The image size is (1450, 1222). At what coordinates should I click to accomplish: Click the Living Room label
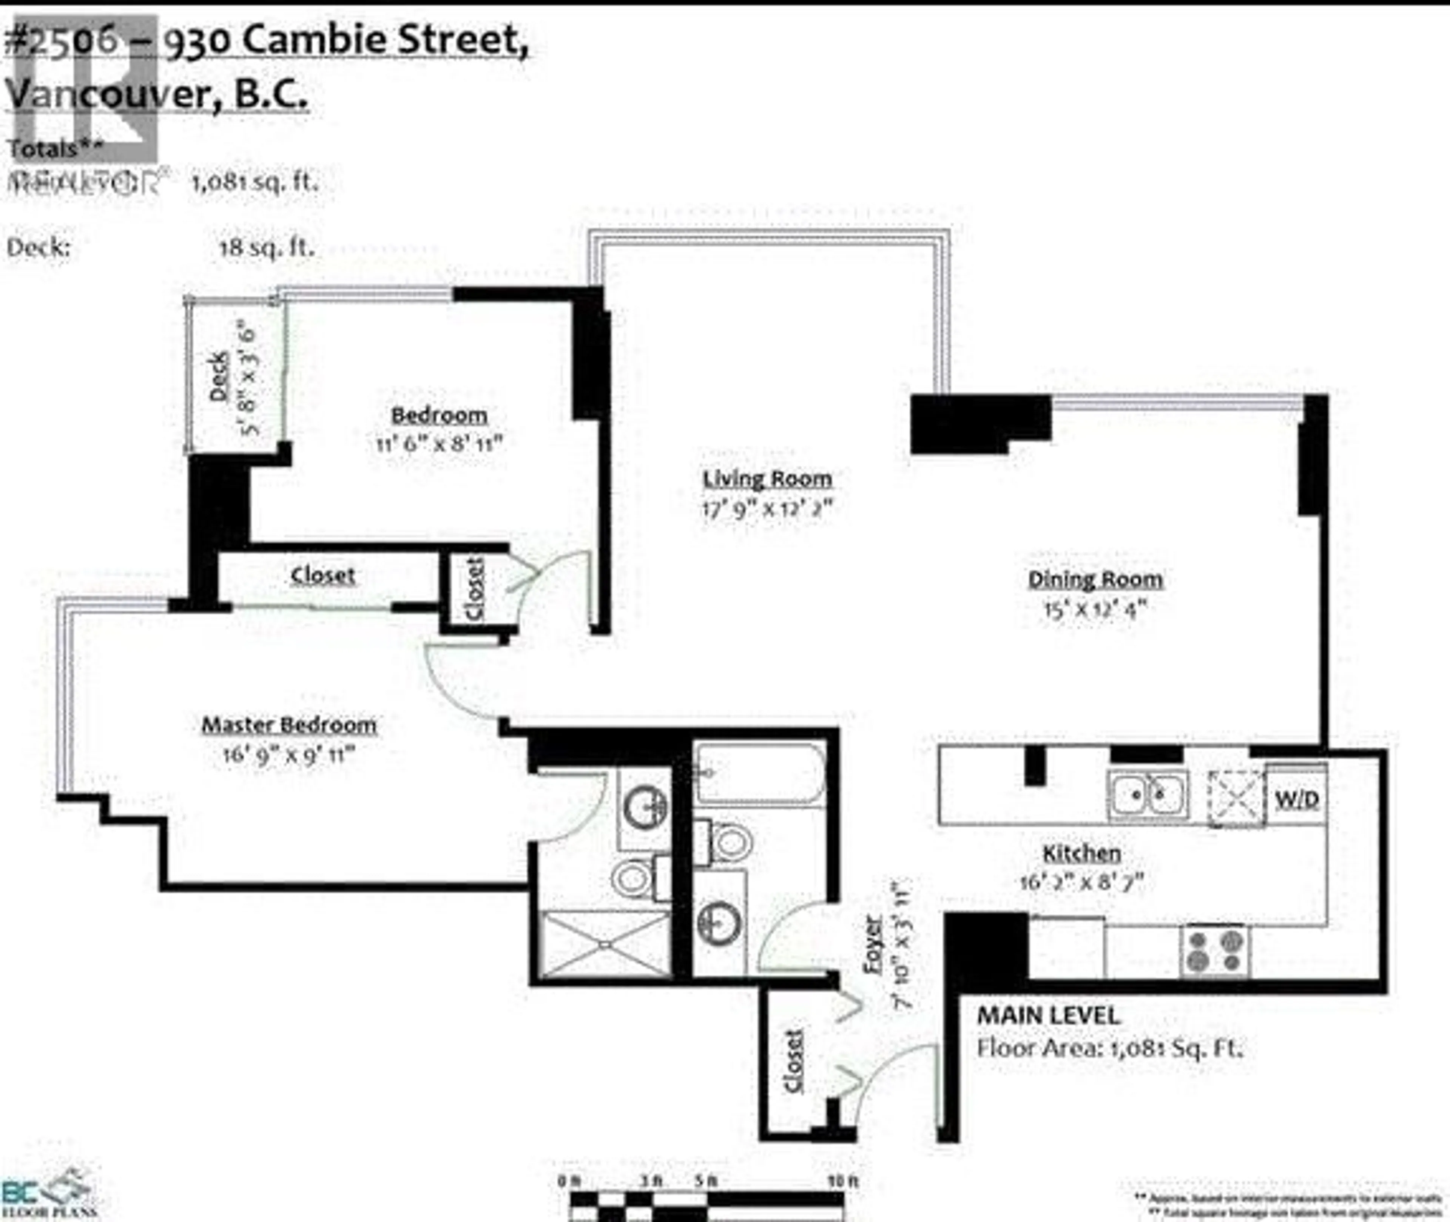click(767, 479)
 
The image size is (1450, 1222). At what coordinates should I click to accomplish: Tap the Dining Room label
click(1095, 579)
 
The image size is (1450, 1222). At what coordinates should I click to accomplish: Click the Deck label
click(219, 376)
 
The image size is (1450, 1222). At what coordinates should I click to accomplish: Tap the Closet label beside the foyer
click(794, 1061)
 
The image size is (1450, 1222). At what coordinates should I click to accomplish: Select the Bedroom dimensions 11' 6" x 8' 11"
click(438, 443)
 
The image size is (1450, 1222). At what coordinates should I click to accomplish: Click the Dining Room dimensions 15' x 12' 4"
click(1095, 609)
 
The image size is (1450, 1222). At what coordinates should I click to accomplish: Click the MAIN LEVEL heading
click(1047, 1015)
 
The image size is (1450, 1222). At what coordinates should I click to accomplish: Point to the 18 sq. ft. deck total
click(267, 247)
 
